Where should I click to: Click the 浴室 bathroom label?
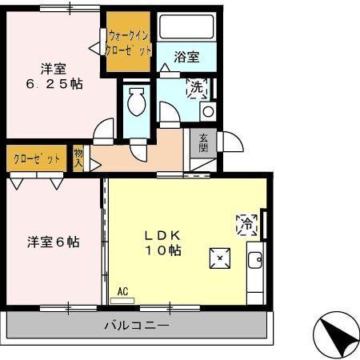click(x=186, y=57)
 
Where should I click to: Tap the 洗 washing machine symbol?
click(x=196, y=88)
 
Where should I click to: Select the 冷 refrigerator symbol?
click(x=246, y=226)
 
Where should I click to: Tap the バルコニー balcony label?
click(x=136, y=326)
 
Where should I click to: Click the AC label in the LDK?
click(x=123, y=292)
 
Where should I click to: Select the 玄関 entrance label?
click(x=204, y=142)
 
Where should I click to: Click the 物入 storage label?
click(x=78, y=157)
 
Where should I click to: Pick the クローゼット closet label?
click(x=36, y=158)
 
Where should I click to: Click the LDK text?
click(x=166, y=236)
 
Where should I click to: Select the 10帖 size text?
click(x=166, y=251)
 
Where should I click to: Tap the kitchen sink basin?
click(x=255, y=261)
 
